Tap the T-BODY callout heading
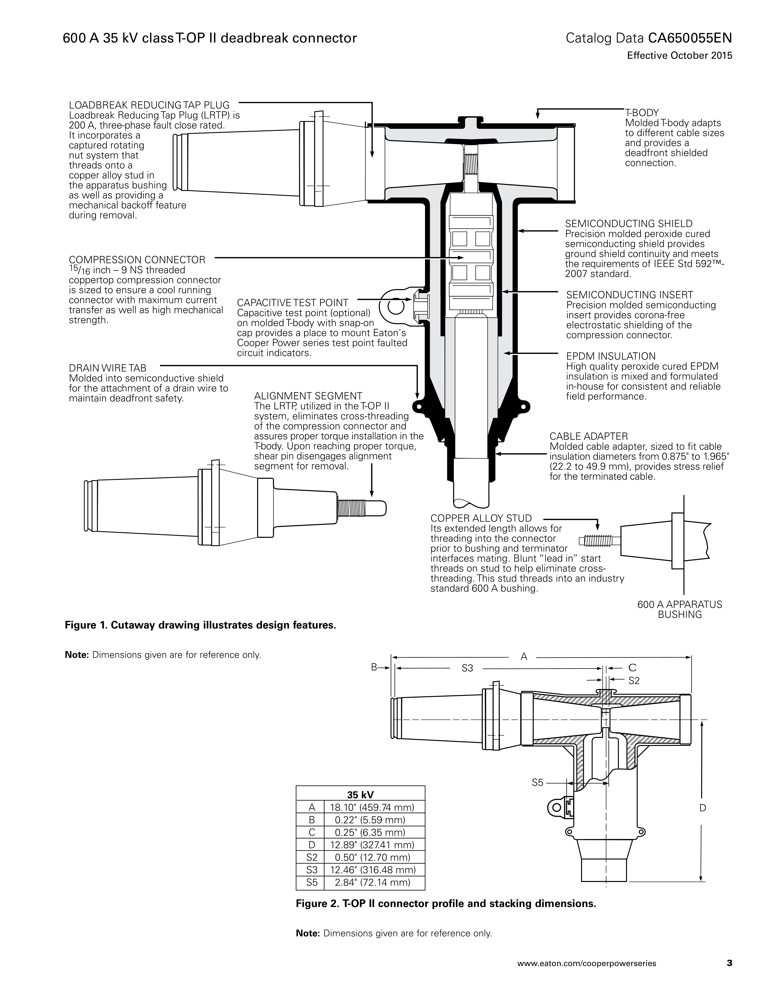642,113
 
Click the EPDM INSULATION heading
610,356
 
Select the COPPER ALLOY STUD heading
481,518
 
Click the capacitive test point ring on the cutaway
396,307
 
